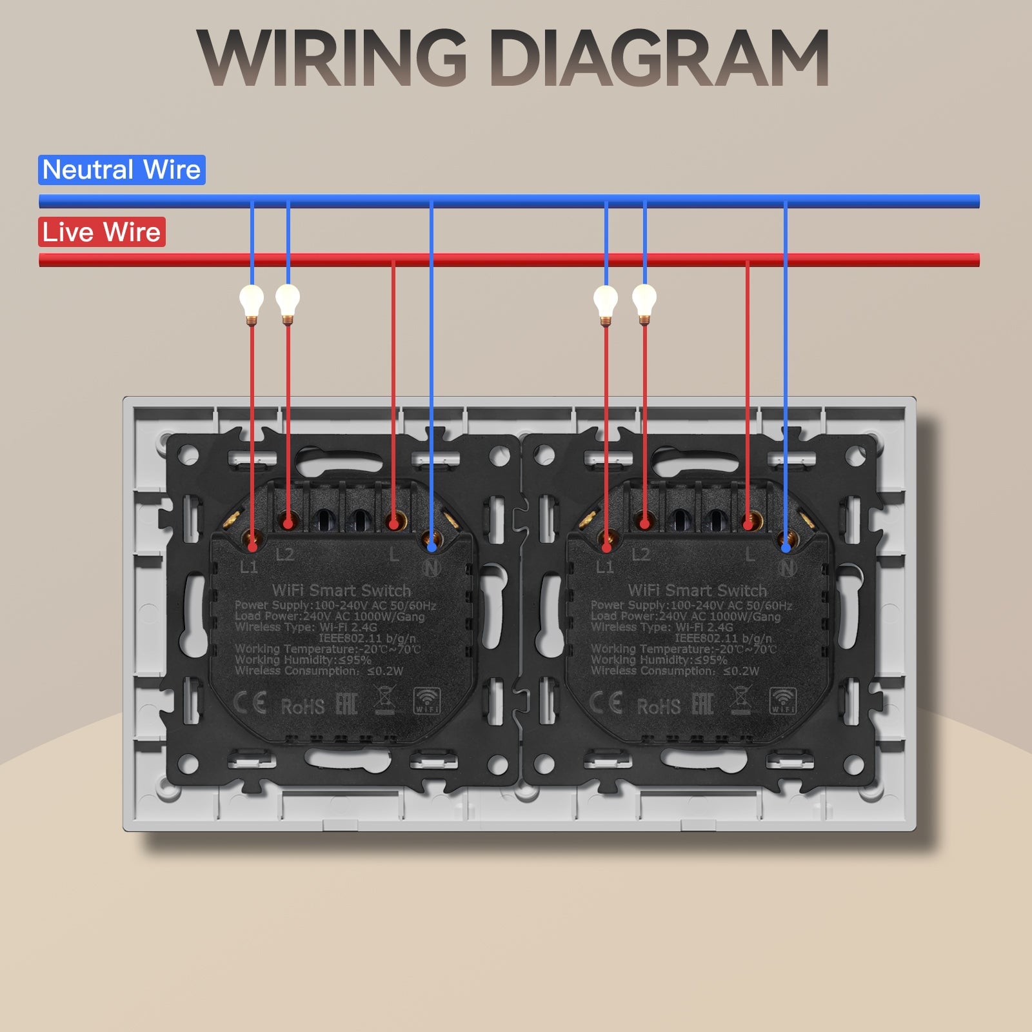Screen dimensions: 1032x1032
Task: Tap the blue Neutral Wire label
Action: [121, 170]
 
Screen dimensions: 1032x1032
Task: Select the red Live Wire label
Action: [101, 232]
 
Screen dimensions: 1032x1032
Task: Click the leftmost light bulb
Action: [252, 301]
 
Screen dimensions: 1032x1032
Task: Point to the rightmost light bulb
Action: [644, 301]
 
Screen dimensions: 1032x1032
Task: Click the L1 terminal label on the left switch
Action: [249, 567]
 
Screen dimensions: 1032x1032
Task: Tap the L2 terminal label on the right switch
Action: [640, 555]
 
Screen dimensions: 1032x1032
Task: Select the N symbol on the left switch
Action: [432, 568]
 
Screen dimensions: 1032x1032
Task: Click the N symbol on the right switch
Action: [787, 568]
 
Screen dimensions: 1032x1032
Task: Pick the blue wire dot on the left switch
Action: [432, 547]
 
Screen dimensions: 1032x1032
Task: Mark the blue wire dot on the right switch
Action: [786, 548]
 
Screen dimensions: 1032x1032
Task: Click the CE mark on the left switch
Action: [250, 703]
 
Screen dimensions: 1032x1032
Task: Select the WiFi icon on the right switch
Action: [783, 700]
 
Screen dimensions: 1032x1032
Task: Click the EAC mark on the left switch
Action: [346, 704]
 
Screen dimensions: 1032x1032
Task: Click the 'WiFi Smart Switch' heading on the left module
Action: [341, 590]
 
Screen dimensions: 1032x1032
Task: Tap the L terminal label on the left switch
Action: [394, 555]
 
